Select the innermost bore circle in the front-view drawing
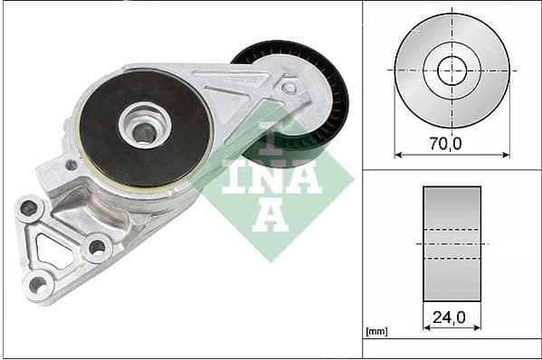pos(452,70)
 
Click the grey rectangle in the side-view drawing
pos(452,243)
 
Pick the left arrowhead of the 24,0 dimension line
pos(426,328)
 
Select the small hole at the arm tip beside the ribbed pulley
pos(289,88)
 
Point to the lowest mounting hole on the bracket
pos(37,285)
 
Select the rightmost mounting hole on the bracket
pos(95,246)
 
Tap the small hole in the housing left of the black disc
pos(71,166)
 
